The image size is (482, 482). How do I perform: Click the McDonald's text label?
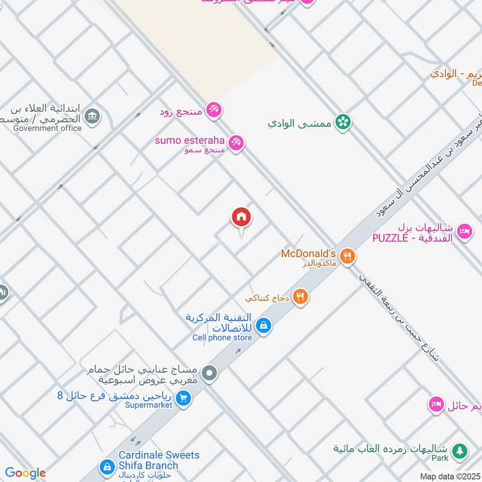coord(308,254)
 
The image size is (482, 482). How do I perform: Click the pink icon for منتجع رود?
coord(213,110)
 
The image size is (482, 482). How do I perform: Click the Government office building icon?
coord(92,116)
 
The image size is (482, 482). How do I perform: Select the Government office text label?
coord(47,128)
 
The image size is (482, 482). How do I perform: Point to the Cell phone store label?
coord(222,337)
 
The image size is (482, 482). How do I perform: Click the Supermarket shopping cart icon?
coord(184,397)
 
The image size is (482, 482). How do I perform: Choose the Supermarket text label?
coord(148,405)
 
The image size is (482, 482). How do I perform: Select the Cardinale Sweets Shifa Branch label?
coord(150,460)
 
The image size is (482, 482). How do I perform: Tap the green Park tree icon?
coord(459,450)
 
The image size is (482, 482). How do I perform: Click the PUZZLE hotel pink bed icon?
coord(464,231)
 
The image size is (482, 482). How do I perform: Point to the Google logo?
coord(25,473)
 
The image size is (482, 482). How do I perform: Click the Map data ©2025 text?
coord(449,476)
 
